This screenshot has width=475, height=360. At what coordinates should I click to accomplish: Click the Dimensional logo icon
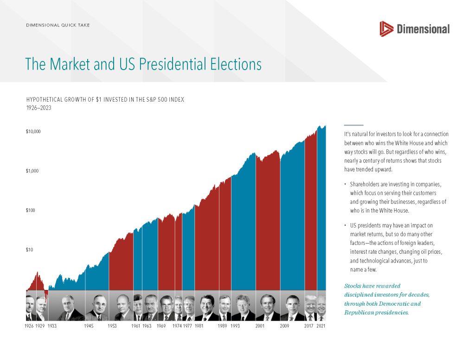click(x=386, y=29)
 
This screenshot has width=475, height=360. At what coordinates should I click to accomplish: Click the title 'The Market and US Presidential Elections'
click(x=143, y=64)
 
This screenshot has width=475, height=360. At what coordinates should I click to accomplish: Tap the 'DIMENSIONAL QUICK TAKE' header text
click(x=58, y=25)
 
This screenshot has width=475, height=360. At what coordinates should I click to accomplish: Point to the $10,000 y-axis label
click(x=33, y=132)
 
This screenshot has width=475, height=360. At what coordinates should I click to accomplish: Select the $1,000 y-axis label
click(x=33, y=171)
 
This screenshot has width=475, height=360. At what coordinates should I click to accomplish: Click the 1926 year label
click(x=29, y=327)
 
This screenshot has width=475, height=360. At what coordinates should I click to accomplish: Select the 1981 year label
click(x=199, y=327)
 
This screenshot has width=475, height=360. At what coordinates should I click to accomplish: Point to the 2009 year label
click(x=284, y=327)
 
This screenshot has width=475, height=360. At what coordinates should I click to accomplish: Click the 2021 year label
click(x=321, y=327)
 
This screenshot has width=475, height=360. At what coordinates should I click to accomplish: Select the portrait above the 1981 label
click(x=206, y=308)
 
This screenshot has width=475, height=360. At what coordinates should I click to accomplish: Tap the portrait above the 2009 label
click(x=292, y=308)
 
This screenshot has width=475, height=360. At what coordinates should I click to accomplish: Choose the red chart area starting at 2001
click(x=268, y=223)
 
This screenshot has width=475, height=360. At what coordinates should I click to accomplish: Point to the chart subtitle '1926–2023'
click(x=39, y=108)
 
